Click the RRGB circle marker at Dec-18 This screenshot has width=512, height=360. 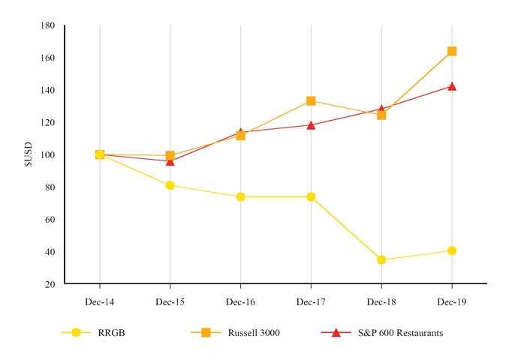(x=381, y=260)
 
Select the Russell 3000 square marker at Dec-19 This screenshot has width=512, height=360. (x=452, y=51)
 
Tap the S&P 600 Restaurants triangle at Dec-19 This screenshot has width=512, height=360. (x=452, y=86)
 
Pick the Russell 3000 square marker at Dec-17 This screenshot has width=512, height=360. (x=311, y=100)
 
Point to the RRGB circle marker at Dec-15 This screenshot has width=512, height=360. (x=170, y=185)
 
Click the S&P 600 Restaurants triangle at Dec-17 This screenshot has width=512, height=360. (x=311, y=125)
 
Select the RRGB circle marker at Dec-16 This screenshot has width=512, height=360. (x=240, y=196)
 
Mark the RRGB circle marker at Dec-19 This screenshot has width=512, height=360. (x=452, y=250)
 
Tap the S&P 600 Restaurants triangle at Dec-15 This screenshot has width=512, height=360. (x=170, y=161)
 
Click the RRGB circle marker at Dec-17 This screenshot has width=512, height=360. (x=311, y=196)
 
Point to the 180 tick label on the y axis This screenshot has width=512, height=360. (x=47, y=25)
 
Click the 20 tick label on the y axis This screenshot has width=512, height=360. (x=50, y=284)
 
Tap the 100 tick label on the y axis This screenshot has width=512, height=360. (x=47, y=154)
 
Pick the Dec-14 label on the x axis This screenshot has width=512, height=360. (x=100, y=301)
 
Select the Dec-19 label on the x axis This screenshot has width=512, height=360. (x=452, y=301)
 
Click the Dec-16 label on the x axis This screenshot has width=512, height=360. (x=240, y=301)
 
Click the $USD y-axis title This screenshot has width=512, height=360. (x=29, y=155)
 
